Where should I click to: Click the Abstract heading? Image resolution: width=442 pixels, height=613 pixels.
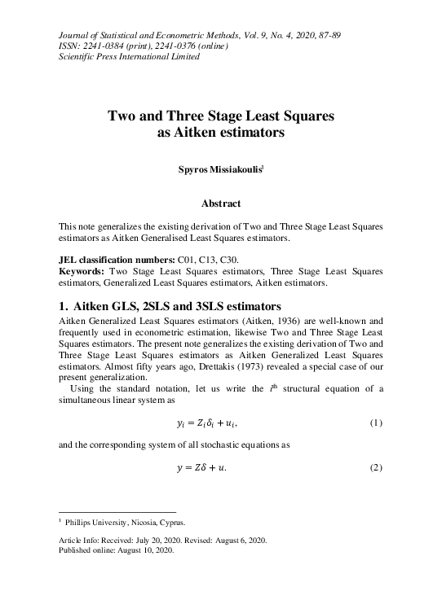pyautogui.click(x=221, y=203)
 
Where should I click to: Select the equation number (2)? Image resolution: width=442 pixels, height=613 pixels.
pyautogui.click(x=376, y=466)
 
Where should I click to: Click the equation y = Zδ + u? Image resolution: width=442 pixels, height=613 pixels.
pyautogui.click(x=201, y=466)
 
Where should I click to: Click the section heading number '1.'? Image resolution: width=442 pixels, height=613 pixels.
pyautogui.click(x=65, y=307)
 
